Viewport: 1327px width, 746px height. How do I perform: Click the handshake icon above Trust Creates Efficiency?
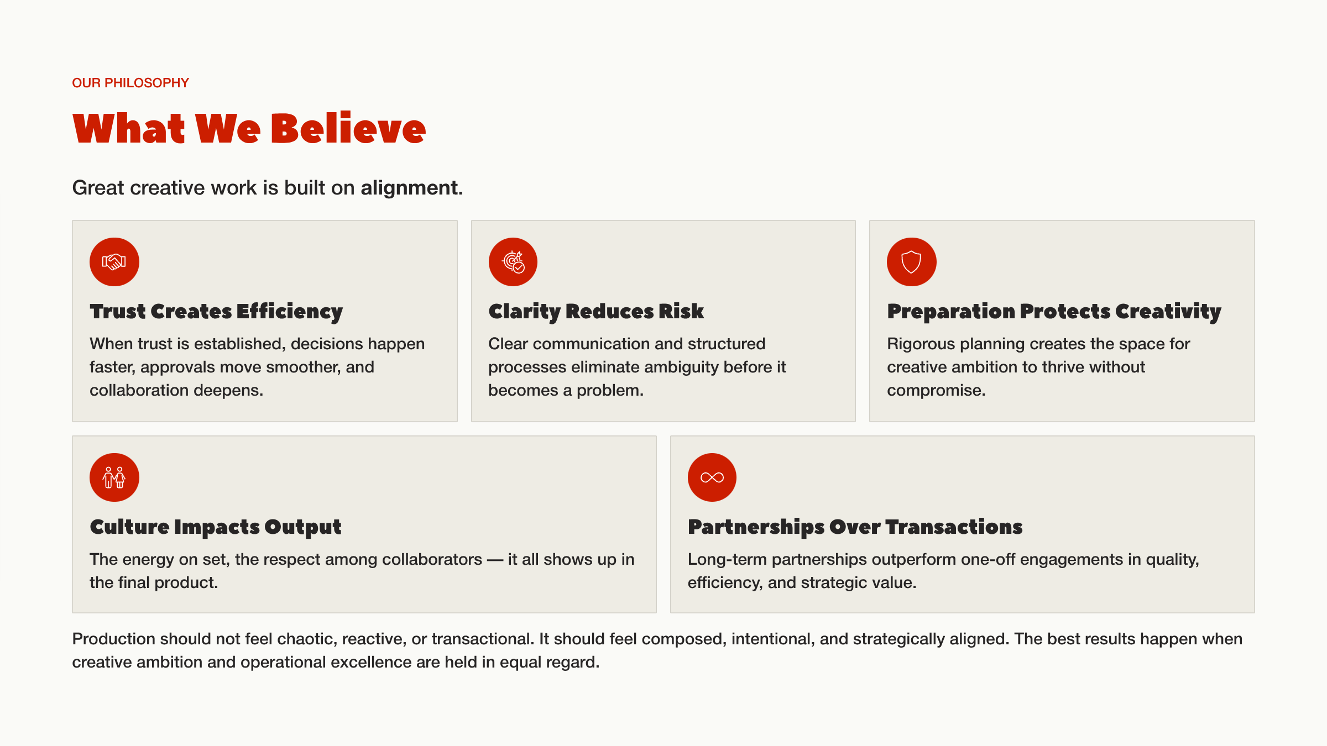114,262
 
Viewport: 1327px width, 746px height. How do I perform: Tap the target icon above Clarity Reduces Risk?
513,262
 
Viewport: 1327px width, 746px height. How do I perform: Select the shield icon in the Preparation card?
911,262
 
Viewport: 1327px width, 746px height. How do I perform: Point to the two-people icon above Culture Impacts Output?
114,477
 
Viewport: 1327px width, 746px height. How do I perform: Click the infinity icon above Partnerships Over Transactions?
712,477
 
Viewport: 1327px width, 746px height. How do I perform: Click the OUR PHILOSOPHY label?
130,83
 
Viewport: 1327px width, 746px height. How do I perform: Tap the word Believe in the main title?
348,129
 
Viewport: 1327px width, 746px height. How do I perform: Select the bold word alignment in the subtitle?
411,188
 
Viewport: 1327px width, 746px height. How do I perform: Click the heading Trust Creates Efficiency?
216,312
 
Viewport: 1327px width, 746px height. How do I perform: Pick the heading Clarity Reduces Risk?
596,312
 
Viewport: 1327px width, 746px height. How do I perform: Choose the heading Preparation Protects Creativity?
1054,312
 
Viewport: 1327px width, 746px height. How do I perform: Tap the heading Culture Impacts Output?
216,527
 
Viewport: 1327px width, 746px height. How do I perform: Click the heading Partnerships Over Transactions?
855,527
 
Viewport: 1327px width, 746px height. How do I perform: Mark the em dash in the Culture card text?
495,559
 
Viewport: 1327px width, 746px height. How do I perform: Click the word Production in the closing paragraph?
113,639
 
